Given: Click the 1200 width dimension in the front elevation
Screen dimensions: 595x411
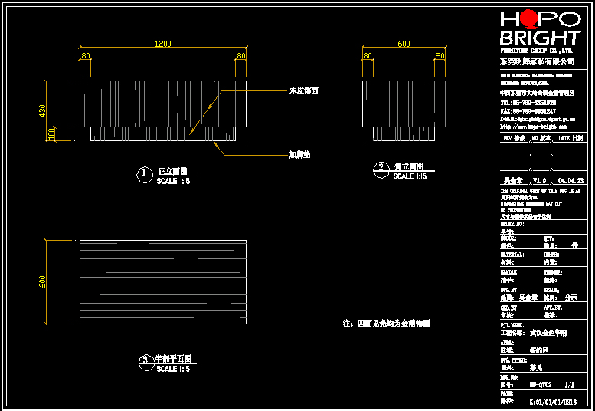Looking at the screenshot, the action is pos(163,44).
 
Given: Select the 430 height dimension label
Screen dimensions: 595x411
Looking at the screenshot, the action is pos(43,111).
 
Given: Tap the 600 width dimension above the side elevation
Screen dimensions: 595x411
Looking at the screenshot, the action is pos(404,44).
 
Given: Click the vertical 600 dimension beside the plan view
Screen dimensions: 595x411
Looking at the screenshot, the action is pos(43,282).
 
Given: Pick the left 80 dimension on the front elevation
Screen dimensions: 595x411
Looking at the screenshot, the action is pos(86,56).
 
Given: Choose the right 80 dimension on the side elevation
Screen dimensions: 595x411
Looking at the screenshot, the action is pos(439,56).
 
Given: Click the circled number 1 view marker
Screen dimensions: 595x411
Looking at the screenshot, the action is pos(143,175).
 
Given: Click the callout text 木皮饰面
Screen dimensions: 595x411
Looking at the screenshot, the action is pos(303,90).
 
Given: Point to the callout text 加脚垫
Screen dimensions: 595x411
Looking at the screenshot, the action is pos(299,155).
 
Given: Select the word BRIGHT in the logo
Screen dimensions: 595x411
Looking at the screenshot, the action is pos(540,38).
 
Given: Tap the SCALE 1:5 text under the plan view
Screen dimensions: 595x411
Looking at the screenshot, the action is pos(173,369).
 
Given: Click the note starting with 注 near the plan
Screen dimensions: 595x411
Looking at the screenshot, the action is pos(387,324).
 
